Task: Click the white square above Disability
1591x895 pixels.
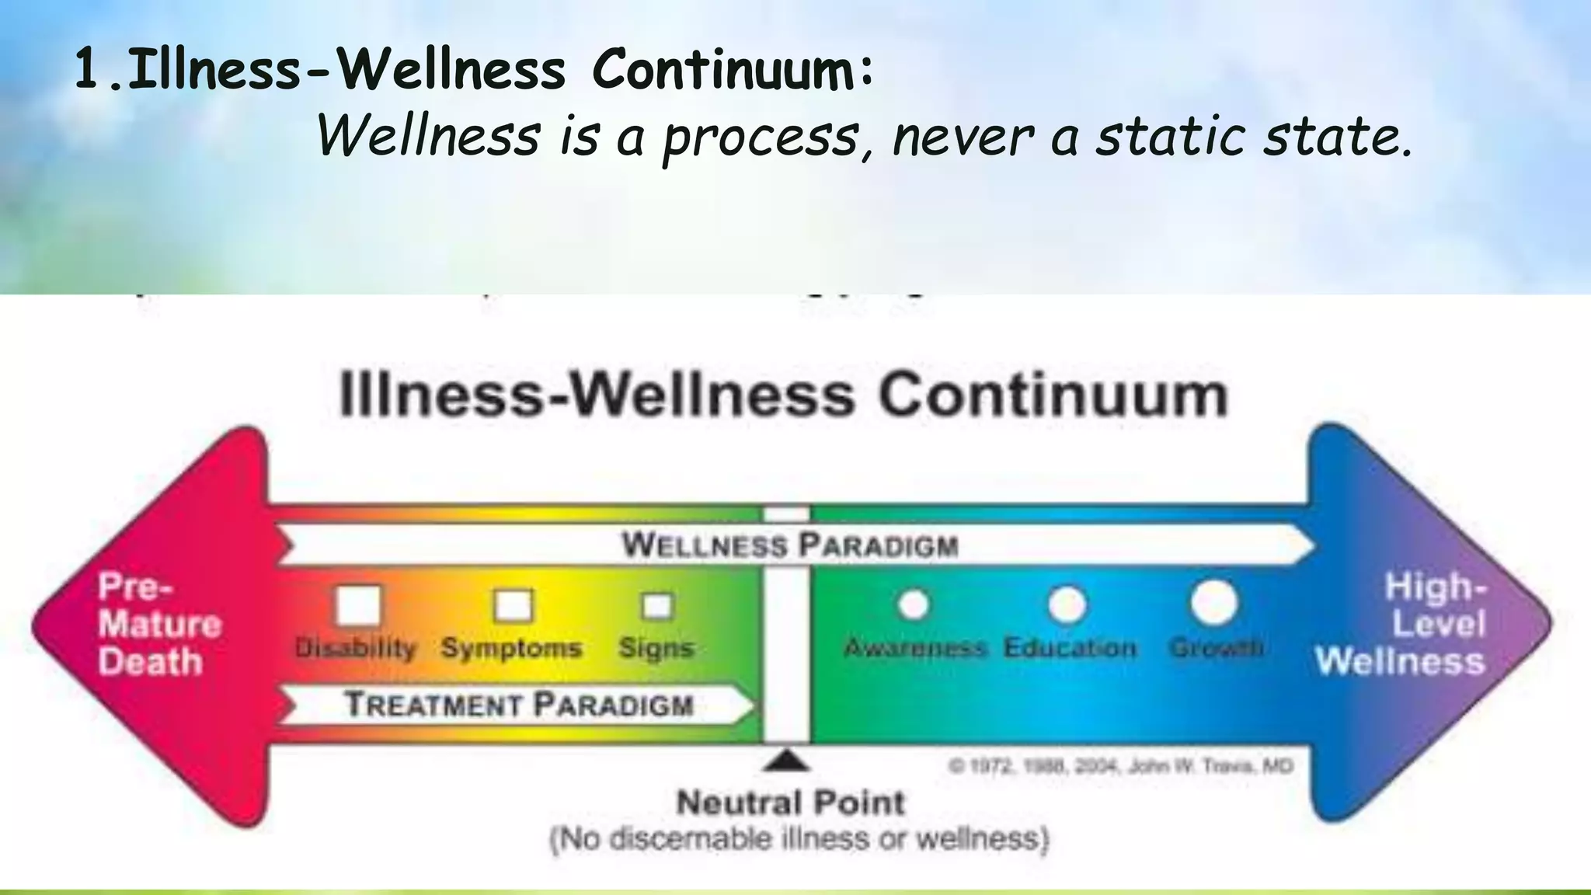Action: click(x=358, y=605)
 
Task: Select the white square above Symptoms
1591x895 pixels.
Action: click(x=514, y=605)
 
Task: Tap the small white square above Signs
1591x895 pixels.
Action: click(x=657, y=605)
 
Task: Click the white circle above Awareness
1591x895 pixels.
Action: click(x=914, y=604)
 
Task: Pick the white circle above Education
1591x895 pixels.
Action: click(x=1067, y=604)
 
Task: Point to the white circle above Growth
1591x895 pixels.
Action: click(x=1214, y=603)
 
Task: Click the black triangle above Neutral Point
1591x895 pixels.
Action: click(x=787, y=761)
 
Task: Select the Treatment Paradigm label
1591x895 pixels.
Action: click(x=519, y=705)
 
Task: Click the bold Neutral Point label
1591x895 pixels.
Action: click(x=790, y=803)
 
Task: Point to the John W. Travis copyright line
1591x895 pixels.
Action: click(x=1120, y=767)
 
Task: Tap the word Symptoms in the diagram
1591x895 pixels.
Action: click(x=511, y=648)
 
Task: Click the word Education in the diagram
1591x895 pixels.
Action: click(x=1070, y=648)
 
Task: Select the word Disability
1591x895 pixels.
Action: click(x=356, y=648)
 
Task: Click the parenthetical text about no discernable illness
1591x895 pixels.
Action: click(x=799, y=840)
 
